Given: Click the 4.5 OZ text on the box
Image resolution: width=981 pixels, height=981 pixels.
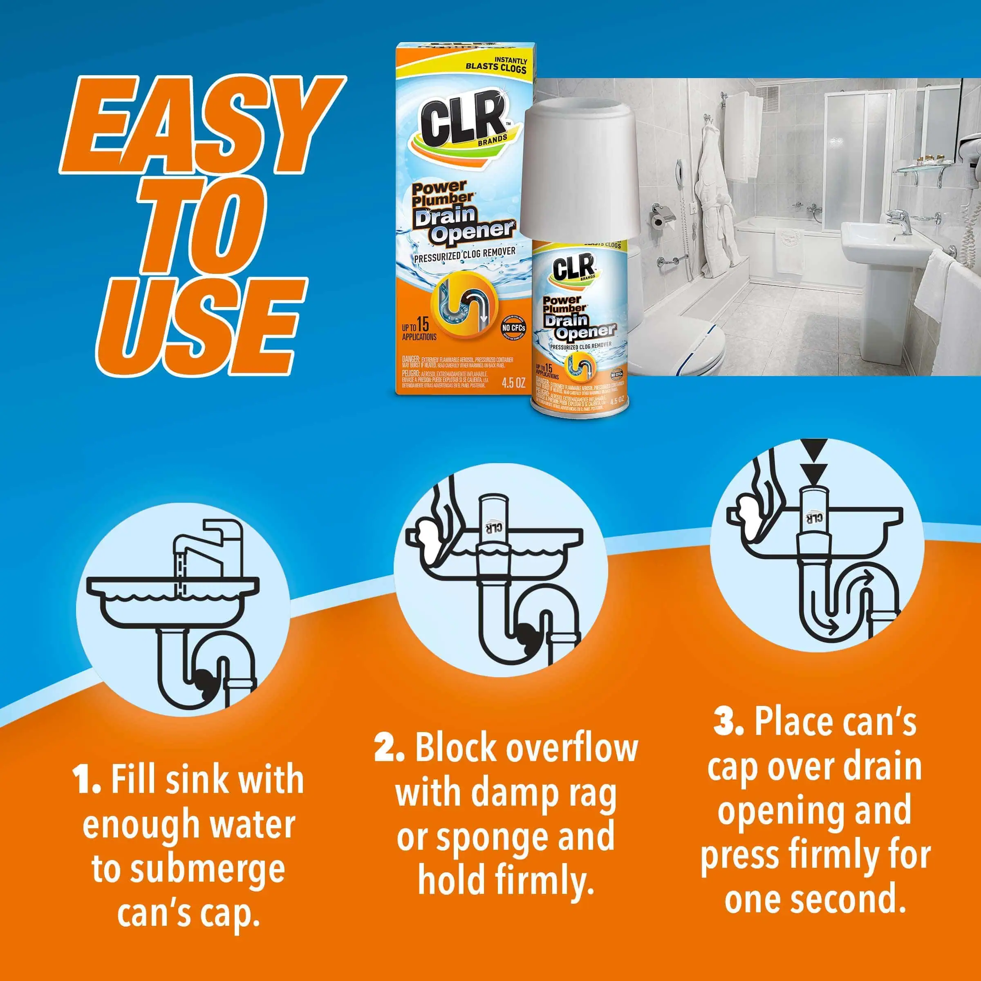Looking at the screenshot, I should pyautogui.click(x=513, y=383).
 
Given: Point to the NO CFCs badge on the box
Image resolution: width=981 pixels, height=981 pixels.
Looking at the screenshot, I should pyautogui.click(x=513, y=328).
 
